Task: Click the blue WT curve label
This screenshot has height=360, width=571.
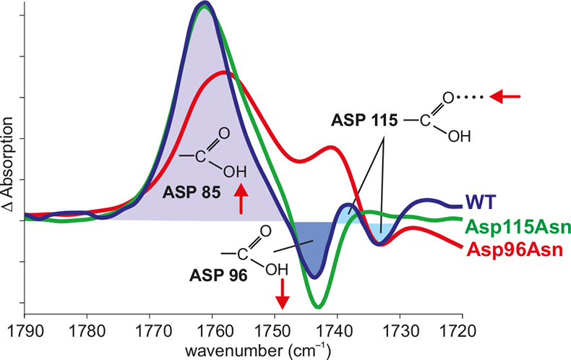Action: click(x=480, y=200)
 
